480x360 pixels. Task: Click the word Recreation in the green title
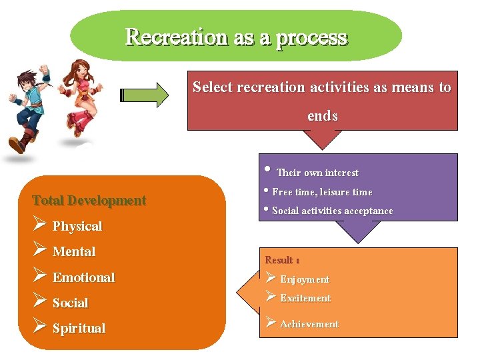[177, 37]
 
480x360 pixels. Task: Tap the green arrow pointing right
[145, 95]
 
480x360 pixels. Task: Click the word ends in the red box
[323, 116]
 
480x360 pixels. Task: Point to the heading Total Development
[89, 201]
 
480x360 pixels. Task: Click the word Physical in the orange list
[77, 227]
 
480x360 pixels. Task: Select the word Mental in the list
[74, 252]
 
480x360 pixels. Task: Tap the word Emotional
[84, 277]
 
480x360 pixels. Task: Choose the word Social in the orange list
[70, 303]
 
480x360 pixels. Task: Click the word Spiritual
[79, 329]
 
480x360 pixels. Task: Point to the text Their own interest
[317, 173]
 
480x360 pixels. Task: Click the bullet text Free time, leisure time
[322, 192]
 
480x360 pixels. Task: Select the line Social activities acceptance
[332, 211]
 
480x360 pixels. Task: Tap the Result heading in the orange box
[282, 260]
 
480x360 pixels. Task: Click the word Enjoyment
[305, 279]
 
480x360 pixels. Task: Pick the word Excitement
[305, 299]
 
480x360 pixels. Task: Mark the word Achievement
[309, 324]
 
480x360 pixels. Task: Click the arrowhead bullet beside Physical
[39, 225]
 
